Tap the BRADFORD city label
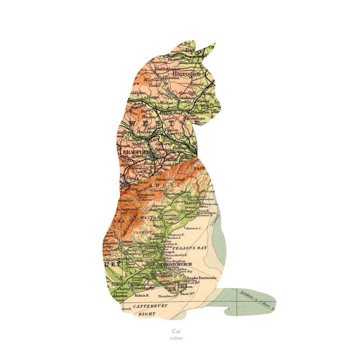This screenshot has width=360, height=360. tap(137, 152)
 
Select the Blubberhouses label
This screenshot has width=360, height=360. tap(167, 68)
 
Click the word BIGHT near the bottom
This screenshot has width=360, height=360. tap(147, 314)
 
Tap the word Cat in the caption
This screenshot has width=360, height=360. tap(176, 331)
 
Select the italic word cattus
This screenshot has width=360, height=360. tap(176, 338)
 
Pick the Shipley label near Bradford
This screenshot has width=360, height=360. tap(138, 143)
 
